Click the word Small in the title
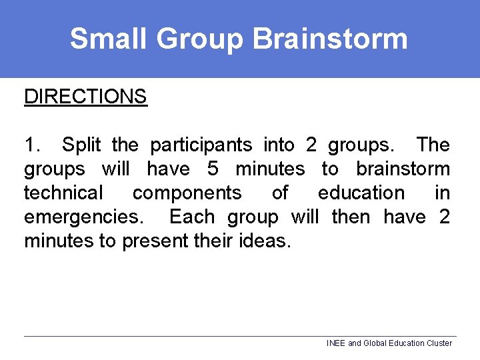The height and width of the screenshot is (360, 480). pos(109,39)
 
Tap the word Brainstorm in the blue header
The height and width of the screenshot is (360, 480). pos(331,39)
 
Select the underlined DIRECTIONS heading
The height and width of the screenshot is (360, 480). pos(85,97)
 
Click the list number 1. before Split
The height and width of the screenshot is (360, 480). pos(33,145)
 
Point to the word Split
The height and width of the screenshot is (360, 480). pos(84,145)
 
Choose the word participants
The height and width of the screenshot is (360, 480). pos(201,145)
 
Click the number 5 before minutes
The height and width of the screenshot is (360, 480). pos(213,169)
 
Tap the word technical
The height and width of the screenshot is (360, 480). pos(64,193)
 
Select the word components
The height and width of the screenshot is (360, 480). pos(187,193)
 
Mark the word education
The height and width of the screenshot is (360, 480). pos(361,193)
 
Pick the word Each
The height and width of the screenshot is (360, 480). pos(192,217)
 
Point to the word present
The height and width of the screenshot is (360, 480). pos(155,241)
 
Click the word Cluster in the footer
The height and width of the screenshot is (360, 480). pos(438,343)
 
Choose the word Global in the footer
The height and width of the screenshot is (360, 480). pos(375,343)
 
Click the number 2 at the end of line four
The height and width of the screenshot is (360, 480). pos(444,217)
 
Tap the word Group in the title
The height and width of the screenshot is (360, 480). pos(201,39)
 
